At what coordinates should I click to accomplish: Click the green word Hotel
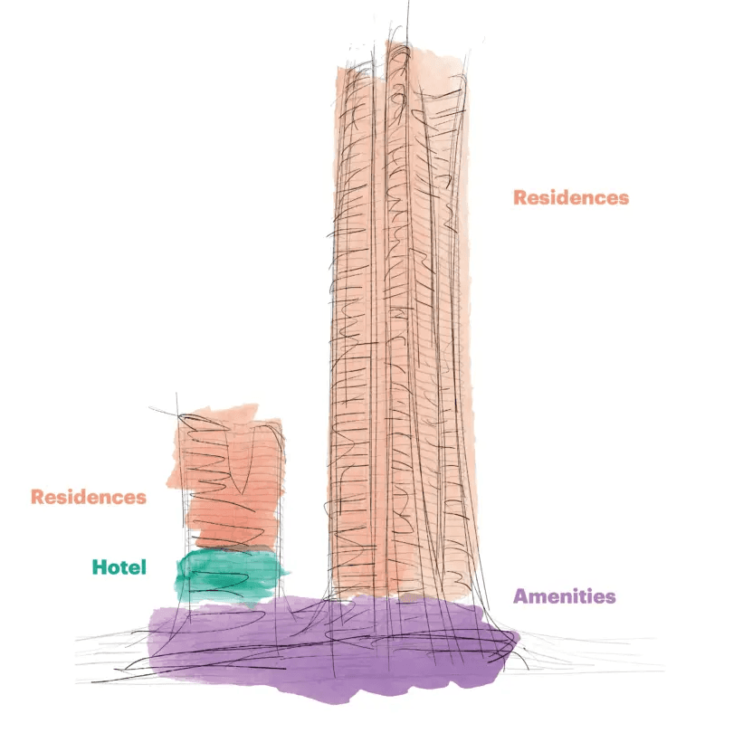point(119,567)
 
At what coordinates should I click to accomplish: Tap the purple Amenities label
point(565,596)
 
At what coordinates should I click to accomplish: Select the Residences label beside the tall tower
point(570,197)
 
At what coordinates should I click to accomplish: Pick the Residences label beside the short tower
point(88,497)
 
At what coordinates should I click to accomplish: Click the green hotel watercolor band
point(231,576)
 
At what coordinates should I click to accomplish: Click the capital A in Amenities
point(520,596)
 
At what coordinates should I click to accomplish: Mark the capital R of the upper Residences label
point(520,197)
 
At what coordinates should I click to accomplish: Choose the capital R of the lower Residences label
point(37,497)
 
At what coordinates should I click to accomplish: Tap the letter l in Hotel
point(143,567)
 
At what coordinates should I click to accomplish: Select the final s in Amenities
point(611,597)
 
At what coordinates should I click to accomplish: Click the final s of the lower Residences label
point(140,498)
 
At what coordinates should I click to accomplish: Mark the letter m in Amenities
point(538,597)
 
